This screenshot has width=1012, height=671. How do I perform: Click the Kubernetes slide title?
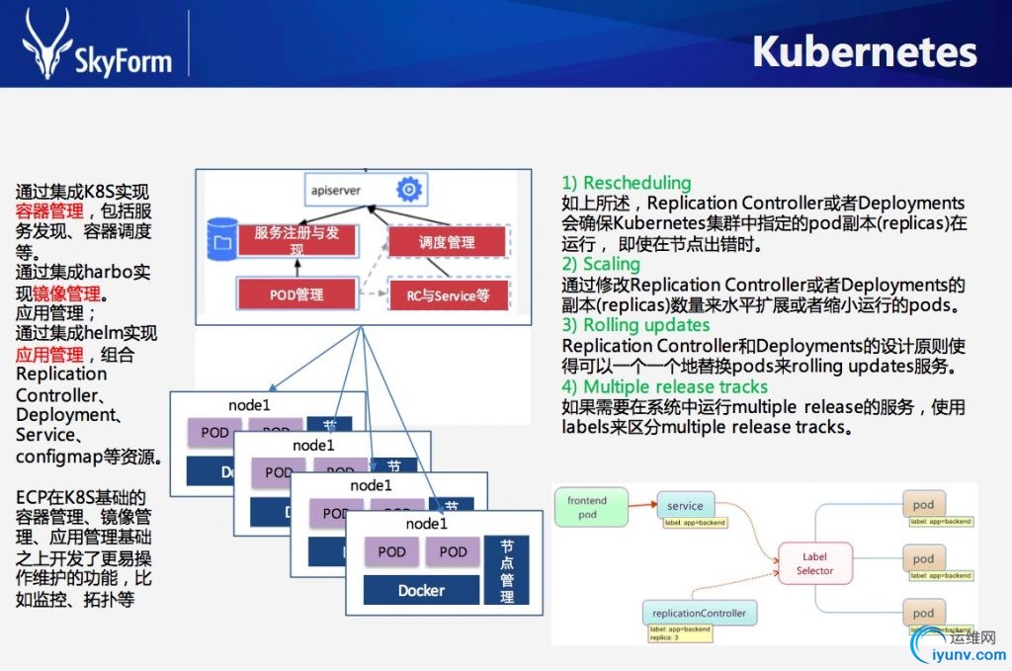coord(864,52)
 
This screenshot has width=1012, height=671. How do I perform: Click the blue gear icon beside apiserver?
coord(408,189)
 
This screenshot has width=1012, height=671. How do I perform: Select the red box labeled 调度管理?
coord(447,242)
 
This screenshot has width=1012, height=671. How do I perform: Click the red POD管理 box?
coord(296,294)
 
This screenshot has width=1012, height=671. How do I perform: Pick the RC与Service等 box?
coord(448,294)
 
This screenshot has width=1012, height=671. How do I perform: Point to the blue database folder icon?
coord(219,238)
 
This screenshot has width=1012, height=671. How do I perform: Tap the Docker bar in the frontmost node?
coord(421,590)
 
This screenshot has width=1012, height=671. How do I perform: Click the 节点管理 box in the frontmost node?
coord(507,570)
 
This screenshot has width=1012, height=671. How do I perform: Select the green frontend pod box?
coord(587,507)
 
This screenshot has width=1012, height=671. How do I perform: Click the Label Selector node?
coord(814,563)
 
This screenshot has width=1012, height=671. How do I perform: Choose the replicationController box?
coord(700,613)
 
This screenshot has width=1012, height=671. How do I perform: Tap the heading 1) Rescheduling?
coord(627,183)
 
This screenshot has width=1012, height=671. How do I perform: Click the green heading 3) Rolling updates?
coord(635,325)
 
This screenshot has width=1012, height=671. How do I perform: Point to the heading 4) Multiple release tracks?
coord(664,386)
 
